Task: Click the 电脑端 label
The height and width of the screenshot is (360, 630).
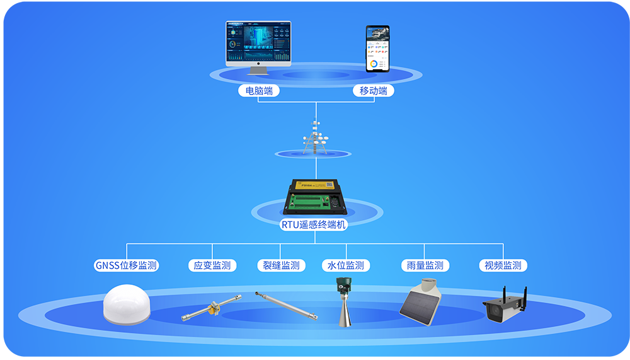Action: click(x=260, y=91)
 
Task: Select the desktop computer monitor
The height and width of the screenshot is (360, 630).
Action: click(x=258, y=43)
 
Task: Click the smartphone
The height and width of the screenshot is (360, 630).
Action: click(x=377, y=49)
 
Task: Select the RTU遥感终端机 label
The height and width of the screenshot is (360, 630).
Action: click(x=313, y=223)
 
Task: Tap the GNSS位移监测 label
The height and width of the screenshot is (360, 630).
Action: click(x=126, y=265)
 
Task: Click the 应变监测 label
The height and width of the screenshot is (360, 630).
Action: click(x=212, y=265)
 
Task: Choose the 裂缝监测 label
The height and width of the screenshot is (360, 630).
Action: click(x=281, y=265)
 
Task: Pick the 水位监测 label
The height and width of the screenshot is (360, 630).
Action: click(x=346, y=265)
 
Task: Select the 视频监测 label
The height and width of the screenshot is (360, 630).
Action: click(x=503, y=265)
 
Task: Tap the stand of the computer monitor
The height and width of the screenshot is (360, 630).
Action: click(x=258, y=69)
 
